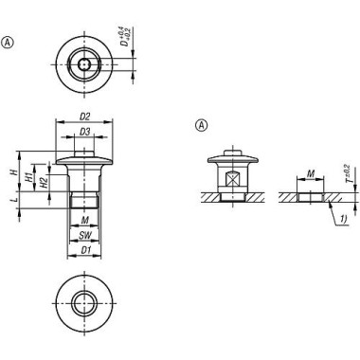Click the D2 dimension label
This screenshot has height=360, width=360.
tap(84, 117)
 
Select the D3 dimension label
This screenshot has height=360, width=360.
tap(84, 132)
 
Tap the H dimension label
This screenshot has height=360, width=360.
tap(13, 172)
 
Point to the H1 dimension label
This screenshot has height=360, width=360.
tap(29, 177)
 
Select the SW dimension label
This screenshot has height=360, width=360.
tap(84, 235)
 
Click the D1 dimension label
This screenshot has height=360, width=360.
tap(85, 250)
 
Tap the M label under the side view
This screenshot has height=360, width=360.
tap(84, 220)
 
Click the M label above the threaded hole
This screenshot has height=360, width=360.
tap(311, 173)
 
